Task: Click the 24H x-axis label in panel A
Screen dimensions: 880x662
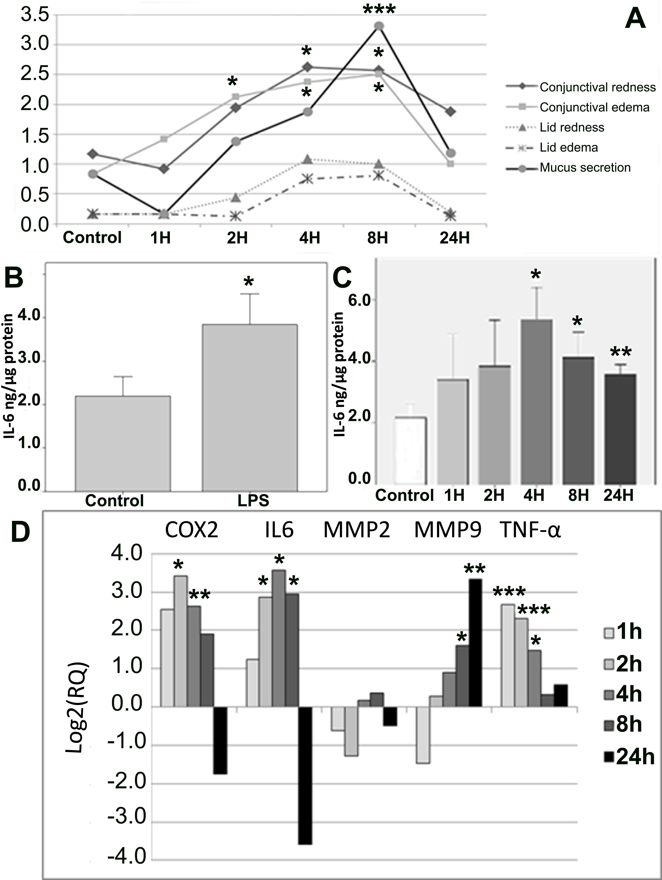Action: point(454,238)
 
